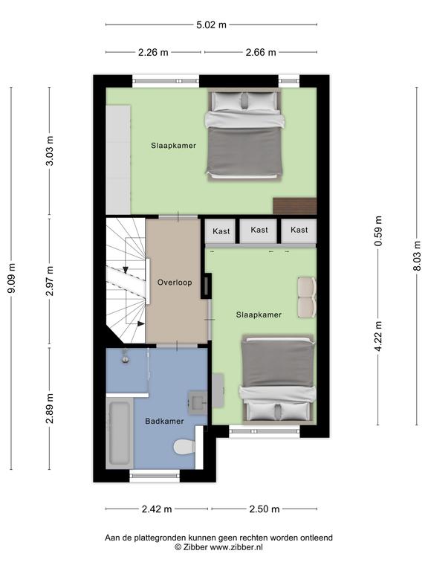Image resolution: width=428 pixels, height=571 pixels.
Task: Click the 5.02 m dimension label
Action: pos(211,25)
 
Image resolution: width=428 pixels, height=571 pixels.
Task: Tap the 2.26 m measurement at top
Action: pos(153,53)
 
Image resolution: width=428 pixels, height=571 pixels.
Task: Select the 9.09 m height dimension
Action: pos(11,278)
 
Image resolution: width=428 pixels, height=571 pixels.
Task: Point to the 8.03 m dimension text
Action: pos(417,256)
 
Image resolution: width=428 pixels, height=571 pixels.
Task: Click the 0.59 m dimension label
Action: pos(378,231)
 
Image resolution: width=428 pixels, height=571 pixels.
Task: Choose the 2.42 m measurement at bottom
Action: pos(157,509)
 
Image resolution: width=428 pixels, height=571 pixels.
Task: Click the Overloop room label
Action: pos(175,283)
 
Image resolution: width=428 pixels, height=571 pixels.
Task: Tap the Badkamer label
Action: pos(164,422)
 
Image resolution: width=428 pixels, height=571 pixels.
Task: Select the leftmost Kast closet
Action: pos(221,231)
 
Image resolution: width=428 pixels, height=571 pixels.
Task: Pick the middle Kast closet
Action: pos(259,231)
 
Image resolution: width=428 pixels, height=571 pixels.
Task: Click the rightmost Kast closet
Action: pos(299,231)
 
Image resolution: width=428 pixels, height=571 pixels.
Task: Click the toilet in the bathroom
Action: pos(184,447)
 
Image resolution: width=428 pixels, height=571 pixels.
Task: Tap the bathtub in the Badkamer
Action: pos(120,433)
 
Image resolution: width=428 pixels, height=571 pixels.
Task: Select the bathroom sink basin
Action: pos(197,402)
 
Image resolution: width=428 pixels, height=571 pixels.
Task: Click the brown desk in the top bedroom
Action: pos(294,206)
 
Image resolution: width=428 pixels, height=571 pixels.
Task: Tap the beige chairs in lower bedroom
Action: pos(307,297)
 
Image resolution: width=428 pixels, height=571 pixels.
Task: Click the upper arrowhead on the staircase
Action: pos(126,270)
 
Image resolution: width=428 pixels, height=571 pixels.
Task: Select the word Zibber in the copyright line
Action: pos(195,547)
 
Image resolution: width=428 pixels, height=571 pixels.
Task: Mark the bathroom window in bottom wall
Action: pos(155,476)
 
